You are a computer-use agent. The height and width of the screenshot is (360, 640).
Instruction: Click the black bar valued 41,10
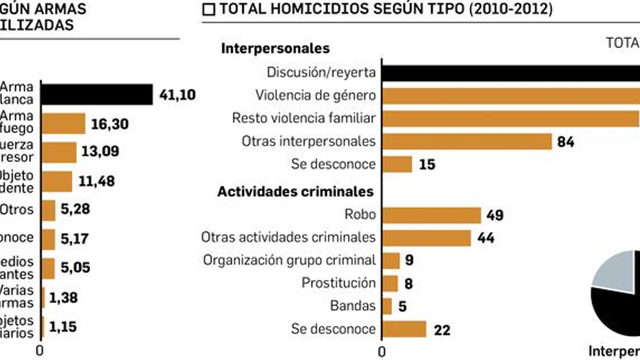click(x=97, y=94)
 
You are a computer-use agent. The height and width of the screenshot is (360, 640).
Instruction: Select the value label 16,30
click(x=110, y=124)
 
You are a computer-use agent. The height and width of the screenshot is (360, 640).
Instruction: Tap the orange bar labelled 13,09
click(x=59, y=152)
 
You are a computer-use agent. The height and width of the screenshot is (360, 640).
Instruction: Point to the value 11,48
click(x=96, y=181)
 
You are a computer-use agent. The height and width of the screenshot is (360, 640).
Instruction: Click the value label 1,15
click(x=63, y=327)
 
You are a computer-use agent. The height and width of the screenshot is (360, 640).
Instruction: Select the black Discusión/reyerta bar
click(x=510, y=73)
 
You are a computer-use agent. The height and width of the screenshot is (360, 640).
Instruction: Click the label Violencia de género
click(x=316, y=96)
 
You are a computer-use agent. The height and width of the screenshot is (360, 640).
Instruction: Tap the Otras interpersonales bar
click(x=467, y=142)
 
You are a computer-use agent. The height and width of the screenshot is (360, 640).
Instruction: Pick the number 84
click(x=565, y=142)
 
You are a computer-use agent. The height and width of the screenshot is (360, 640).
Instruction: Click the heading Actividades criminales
click(x=295, y=192)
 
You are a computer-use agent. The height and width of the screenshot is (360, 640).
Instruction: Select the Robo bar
click(x=431, y=215)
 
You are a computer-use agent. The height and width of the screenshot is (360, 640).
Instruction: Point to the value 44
click(x=486, y=238)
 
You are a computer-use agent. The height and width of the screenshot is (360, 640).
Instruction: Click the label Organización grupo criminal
click(x=289, y=260)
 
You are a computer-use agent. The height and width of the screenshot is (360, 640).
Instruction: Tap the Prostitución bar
click(x=390, y=284)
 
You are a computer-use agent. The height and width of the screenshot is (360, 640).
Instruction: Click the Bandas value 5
click(x=402, y=306)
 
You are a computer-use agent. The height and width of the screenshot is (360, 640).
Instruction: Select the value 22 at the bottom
click(x=442, y=330)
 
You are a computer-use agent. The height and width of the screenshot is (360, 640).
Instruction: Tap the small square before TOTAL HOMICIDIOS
click(x=209, y=10)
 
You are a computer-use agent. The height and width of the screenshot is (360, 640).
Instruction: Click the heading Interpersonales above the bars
click(x=275, y=48)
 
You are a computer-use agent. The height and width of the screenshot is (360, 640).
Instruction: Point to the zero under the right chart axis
click(x=382, y=352)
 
